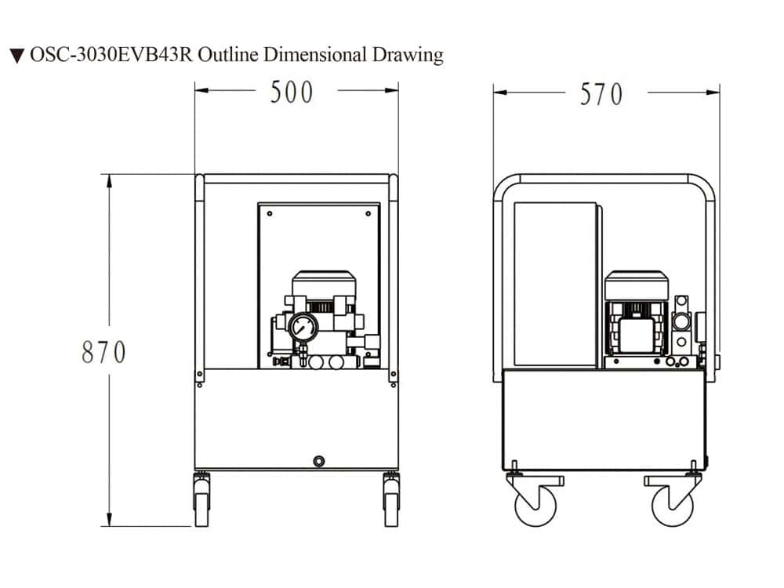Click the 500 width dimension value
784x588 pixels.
tap(292, 93)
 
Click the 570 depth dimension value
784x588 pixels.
tap(601, 95)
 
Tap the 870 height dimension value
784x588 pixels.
tap(103, 352)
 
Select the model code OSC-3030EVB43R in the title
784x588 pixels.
tap(111, 55)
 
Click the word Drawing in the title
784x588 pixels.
tap(408, 55)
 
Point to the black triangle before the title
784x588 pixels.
tap(17, 56)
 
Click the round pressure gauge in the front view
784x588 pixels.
tap(303, 328)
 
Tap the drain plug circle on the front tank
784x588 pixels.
tap(318, 461)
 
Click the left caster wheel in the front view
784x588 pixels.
tap(201, 500)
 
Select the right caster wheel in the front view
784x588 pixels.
tap(391, 500)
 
